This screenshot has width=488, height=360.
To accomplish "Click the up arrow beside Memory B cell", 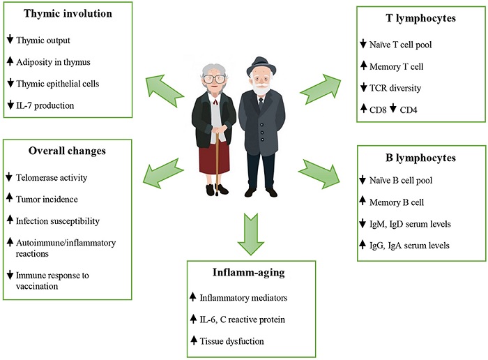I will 365,202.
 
